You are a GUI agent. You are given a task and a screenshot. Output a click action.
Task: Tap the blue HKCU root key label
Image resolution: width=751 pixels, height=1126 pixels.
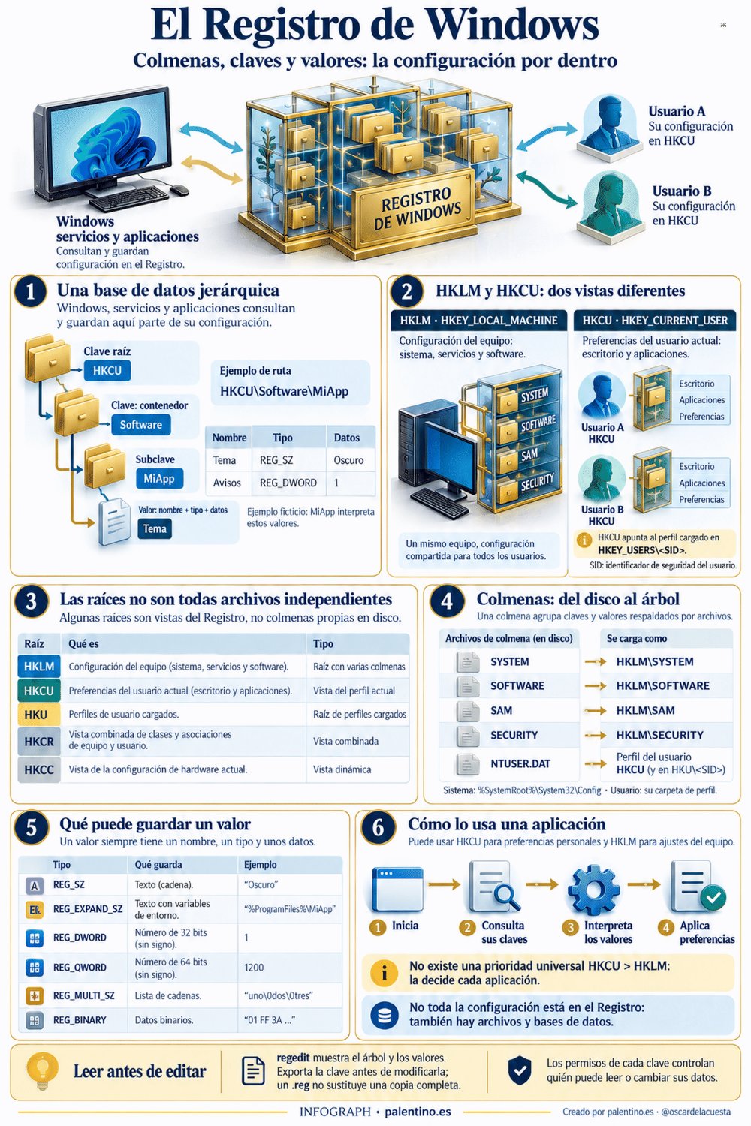coord(107,371)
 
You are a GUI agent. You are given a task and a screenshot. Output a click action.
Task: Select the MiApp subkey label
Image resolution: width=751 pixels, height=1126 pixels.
coord(159,479)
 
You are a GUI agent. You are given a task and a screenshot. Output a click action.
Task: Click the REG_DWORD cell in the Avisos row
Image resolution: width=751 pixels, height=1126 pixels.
coord(288,483)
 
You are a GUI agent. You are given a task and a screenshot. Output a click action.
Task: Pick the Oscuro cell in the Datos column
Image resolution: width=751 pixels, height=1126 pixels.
coord(348,460)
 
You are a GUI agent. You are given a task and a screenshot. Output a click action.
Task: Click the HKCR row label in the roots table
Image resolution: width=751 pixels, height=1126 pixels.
coord(39,742)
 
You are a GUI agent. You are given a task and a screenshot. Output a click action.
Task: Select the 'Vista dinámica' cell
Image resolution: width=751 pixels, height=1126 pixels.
coord(342,769)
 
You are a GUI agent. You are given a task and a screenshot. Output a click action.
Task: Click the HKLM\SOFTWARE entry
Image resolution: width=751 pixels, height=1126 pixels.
coord(662,685)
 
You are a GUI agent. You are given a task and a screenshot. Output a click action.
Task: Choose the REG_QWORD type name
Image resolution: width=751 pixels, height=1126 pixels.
coord(80,967)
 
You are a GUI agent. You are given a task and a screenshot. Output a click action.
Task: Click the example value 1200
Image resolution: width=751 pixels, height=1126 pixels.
coord(254,967)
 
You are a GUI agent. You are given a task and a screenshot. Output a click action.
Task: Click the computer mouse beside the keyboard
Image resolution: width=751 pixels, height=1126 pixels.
coord(179,190)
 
